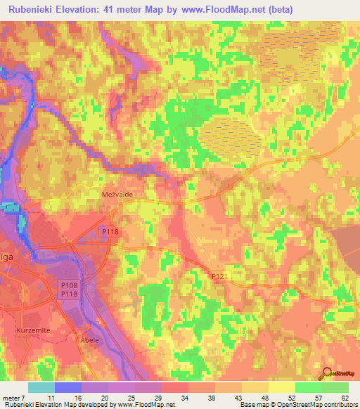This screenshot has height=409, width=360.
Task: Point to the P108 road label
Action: (68, 285)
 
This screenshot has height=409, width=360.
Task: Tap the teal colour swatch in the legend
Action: (41, 387)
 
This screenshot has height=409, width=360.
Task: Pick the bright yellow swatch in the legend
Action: (281, 387)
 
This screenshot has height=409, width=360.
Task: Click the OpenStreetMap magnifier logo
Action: (326, 373)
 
